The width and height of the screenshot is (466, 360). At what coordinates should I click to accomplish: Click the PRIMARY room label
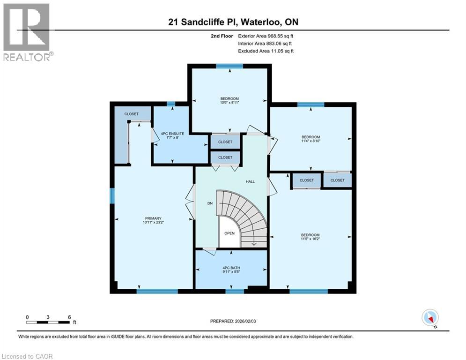coord(153,218)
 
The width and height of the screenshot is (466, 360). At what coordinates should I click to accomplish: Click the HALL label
coord(251,181)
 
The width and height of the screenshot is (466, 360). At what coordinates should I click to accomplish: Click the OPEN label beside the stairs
coord(229,233)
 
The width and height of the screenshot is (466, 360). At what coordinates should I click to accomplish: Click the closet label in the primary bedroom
coord(131,114)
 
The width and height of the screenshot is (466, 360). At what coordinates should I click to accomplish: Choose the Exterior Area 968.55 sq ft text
coord(266,36)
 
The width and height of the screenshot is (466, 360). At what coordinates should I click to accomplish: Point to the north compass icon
coord(430,318)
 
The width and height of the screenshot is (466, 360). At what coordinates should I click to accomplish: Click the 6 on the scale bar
coord(69,317)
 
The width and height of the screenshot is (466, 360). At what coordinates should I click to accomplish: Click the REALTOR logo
coord(27,32)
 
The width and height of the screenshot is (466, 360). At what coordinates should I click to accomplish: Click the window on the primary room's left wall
coord(112,195)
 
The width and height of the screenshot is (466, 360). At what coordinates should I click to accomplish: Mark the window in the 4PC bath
coord(235,291)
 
